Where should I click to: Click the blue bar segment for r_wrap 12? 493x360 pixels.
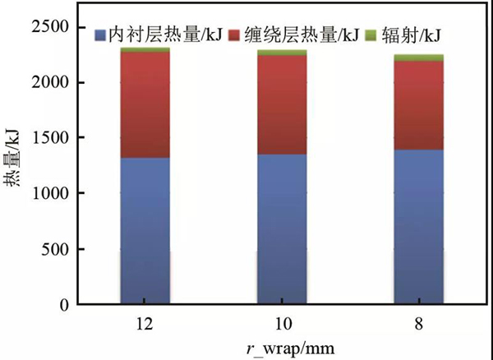tap(145, 230)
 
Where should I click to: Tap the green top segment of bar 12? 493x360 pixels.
tap(145, 50)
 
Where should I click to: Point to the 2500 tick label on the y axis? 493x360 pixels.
tap(54, 27)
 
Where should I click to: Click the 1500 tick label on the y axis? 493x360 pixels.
tap(54, 138)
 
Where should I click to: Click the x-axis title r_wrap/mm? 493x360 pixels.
tap(282, 347)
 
